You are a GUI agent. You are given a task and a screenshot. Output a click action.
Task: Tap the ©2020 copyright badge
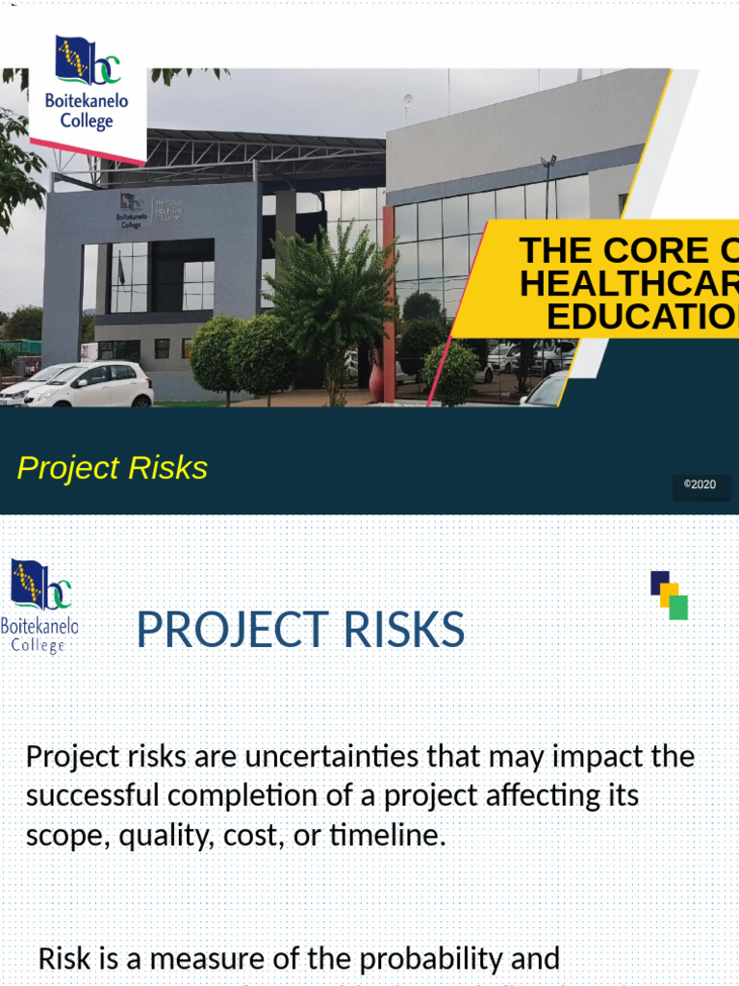[700, 484]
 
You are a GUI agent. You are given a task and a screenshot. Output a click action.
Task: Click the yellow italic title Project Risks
[113, 468]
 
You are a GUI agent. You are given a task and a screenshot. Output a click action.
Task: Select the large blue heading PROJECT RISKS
[300, 631]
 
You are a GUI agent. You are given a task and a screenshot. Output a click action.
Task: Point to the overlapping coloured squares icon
[669, 595]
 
